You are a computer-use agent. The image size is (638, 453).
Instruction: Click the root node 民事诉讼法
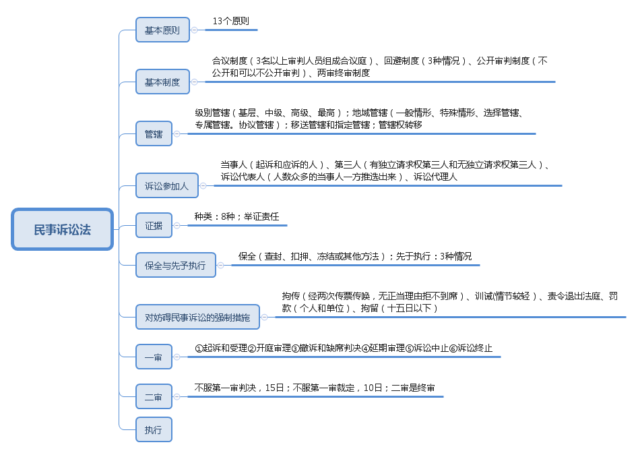click(62, 229)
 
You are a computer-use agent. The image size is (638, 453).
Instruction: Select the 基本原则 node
click(162, 30)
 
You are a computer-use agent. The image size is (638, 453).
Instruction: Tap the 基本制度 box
click(162, 82)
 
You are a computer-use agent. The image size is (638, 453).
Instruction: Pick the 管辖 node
click(154, 134)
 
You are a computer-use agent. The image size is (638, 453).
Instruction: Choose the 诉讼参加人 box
click(167, 185)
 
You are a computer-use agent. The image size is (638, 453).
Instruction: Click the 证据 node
click(154, 226)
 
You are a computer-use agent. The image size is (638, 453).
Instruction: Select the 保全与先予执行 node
click(175, 265)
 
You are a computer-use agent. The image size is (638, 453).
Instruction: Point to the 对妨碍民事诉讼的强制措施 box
click(197, 317)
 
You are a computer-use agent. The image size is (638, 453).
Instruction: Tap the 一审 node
click(154, 357)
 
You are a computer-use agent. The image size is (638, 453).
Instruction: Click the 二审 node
click(154, 397)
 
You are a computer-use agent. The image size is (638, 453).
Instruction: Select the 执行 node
click(154, 429)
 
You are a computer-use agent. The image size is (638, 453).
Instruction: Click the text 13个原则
click(230, 21)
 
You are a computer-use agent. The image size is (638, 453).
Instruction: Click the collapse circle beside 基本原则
click(194, 30)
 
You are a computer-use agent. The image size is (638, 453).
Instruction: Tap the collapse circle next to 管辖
click(177, 134)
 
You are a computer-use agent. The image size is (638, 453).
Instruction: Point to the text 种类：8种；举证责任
click(236, 217)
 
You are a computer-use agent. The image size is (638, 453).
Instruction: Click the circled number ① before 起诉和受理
click(199, 349)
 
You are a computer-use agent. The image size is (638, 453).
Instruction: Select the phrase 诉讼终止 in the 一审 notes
click(475, 349)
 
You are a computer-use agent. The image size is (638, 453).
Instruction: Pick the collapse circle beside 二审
click(177, 397)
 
